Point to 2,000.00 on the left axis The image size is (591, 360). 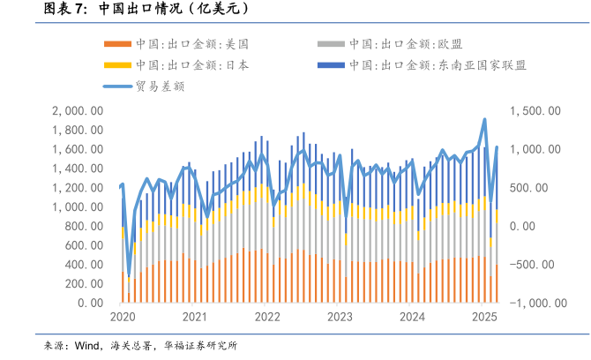(79, 111)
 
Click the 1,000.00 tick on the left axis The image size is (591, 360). (79, 207)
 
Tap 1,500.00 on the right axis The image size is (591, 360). (535, 111)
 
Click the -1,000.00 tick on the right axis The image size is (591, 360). (531, 304)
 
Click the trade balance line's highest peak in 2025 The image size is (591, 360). (484, 119)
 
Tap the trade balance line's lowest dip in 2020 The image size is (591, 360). (129, 274)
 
